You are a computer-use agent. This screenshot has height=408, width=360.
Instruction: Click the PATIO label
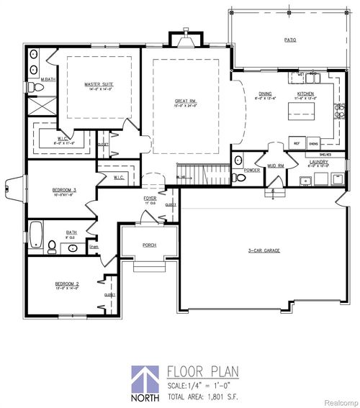click(x=290, y=40)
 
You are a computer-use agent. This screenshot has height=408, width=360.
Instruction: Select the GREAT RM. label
click(x=186, y=101)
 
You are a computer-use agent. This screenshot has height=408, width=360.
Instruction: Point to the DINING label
click(x=266, y=93)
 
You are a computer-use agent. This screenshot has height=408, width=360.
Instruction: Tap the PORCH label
click(x=149, y=245)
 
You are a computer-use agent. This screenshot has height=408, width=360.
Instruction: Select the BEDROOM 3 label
click(x=64, y=189)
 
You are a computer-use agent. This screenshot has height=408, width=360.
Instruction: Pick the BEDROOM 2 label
click(x=67, y=284)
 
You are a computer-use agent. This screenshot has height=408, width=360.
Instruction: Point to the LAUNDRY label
click(x=319, y=162)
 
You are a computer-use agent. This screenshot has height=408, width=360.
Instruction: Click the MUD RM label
click(x=276, y=166)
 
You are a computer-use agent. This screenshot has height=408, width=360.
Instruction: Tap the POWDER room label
click(x=252, y=171)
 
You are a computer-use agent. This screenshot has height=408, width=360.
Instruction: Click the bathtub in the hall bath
click(x=36, y=234)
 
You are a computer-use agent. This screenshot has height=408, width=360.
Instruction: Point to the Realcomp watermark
click(x=340, y=400)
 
